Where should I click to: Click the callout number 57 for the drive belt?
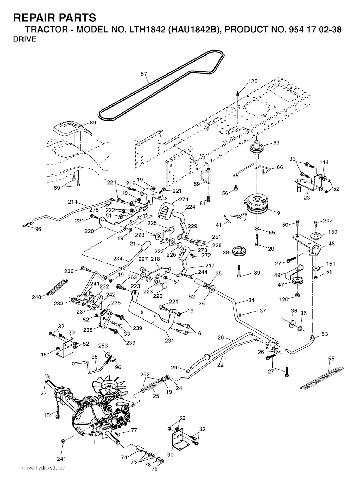144,74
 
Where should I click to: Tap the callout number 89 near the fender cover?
93,122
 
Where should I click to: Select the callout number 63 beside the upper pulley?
276,143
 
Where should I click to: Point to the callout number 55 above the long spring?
331,359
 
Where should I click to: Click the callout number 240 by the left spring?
37,297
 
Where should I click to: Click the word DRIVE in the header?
25,39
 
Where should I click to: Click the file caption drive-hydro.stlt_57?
44,468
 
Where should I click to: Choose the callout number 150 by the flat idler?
333,232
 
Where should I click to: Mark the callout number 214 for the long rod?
73,202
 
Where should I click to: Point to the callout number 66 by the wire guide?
280,167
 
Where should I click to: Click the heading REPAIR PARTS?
54,17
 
